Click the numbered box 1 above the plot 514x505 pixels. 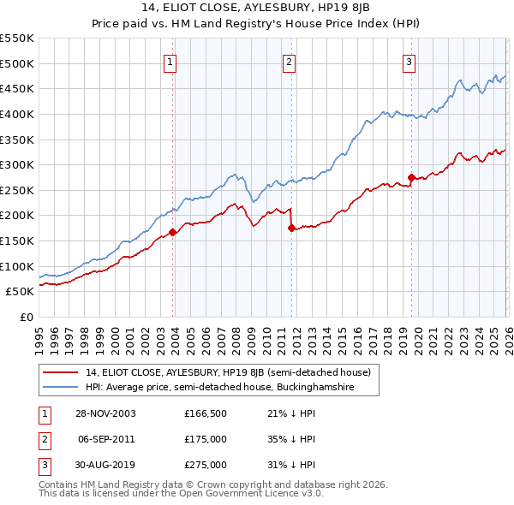[170, 62]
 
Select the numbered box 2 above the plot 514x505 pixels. [290, 62]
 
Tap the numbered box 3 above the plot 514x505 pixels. [409, 62]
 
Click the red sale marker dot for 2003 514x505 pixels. [173, 232]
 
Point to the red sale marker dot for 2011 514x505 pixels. [291, 228]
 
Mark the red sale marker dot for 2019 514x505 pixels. [412, 177]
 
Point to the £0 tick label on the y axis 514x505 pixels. [26, 317]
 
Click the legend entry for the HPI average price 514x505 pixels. [231, 388]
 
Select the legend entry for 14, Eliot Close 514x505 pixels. [228, 372]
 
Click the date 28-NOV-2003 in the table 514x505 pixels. [105, 413]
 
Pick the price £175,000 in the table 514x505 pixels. [206, 439]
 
